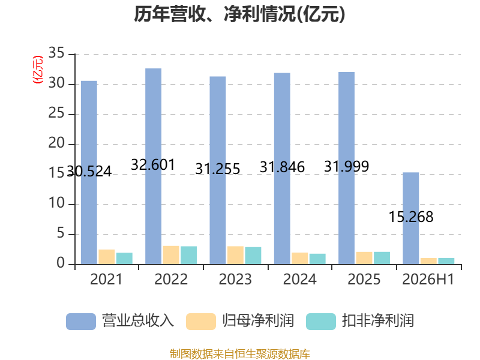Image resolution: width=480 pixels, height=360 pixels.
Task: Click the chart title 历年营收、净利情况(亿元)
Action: [239, 14]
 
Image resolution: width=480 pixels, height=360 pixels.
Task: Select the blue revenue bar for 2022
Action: [153, 166]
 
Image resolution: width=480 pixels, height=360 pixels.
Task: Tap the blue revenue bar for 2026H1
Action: [410, 218]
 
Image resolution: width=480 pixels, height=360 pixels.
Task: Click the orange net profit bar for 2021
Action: [107, 257]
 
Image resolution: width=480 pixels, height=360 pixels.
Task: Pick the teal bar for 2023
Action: [253, 256]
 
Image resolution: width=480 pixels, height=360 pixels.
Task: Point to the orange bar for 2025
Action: [364, 258]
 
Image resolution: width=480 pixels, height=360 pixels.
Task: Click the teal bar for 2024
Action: [317, 259]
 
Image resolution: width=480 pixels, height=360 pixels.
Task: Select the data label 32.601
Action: [153, 164]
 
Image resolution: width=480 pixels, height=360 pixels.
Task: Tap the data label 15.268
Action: [411, 217]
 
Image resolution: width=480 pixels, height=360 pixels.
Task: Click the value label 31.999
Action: [347, 167]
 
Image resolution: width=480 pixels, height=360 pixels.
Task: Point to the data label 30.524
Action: [89, 172]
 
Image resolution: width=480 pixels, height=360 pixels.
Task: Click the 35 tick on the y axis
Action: [56, 53]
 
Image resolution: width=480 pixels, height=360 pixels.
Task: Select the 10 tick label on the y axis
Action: [56, 203]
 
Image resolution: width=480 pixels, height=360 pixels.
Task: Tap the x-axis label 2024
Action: [299, 279]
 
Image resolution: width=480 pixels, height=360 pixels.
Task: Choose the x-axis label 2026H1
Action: [428, 279]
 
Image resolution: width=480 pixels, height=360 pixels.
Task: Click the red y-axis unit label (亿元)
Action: [38, 70]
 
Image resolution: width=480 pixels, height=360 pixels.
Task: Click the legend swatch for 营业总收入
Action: [81, 322]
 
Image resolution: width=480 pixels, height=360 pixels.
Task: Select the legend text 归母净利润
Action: [258, 321]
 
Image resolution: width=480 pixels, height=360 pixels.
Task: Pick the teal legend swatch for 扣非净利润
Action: [321, 322]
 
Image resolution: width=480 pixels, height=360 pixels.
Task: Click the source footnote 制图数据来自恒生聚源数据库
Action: [240, 353]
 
